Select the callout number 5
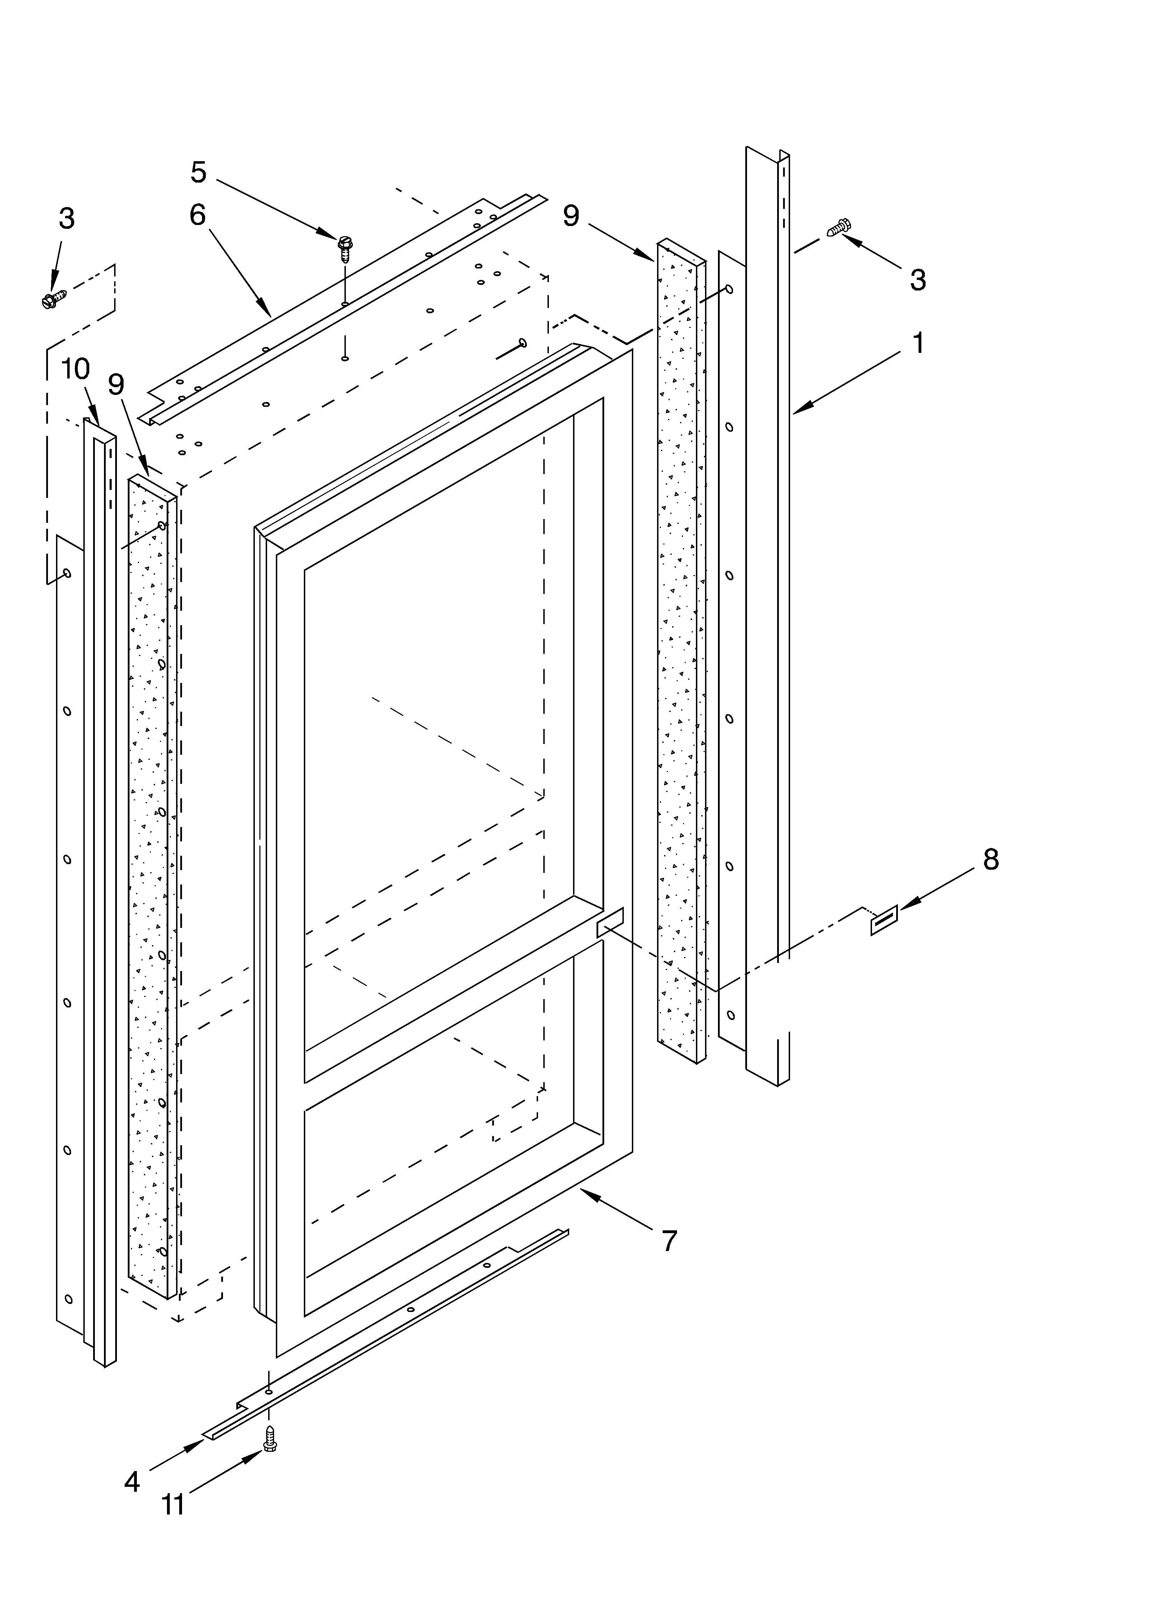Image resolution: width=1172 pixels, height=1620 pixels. pos(198,172)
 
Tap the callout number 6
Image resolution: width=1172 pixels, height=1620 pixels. pos(198,215)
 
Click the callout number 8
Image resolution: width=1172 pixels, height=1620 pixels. pos(991,860)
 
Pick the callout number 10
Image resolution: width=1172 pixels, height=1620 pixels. pos(75,369)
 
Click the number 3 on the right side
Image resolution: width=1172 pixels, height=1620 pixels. pos(918,280)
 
